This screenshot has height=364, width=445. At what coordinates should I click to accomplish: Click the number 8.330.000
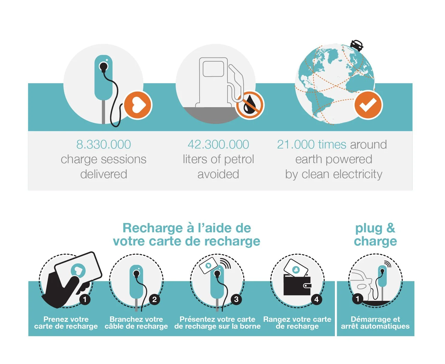coord(103,145)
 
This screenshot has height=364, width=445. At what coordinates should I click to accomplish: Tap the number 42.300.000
coord(218,145)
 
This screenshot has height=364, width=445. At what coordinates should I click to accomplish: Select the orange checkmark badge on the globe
coord(368,105)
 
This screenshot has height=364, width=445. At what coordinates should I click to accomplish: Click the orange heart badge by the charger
coord(138,105)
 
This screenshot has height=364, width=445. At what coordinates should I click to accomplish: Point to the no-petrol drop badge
coord(250,105)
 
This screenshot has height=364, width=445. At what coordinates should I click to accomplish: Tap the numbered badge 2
coord(154,299)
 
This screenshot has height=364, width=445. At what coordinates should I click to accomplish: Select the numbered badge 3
coord(236,299)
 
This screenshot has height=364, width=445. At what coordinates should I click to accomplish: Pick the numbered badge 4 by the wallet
coord(316,299)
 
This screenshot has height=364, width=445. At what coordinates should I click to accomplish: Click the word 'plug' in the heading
coord(369,229)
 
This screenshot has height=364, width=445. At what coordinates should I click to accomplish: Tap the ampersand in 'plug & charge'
coord(391,228)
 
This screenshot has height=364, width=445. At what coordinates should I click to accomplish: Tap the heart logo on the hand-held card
coord(78,271)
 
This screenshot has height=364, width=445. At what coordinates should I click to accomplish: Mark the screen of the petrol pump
coord(213,69)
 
